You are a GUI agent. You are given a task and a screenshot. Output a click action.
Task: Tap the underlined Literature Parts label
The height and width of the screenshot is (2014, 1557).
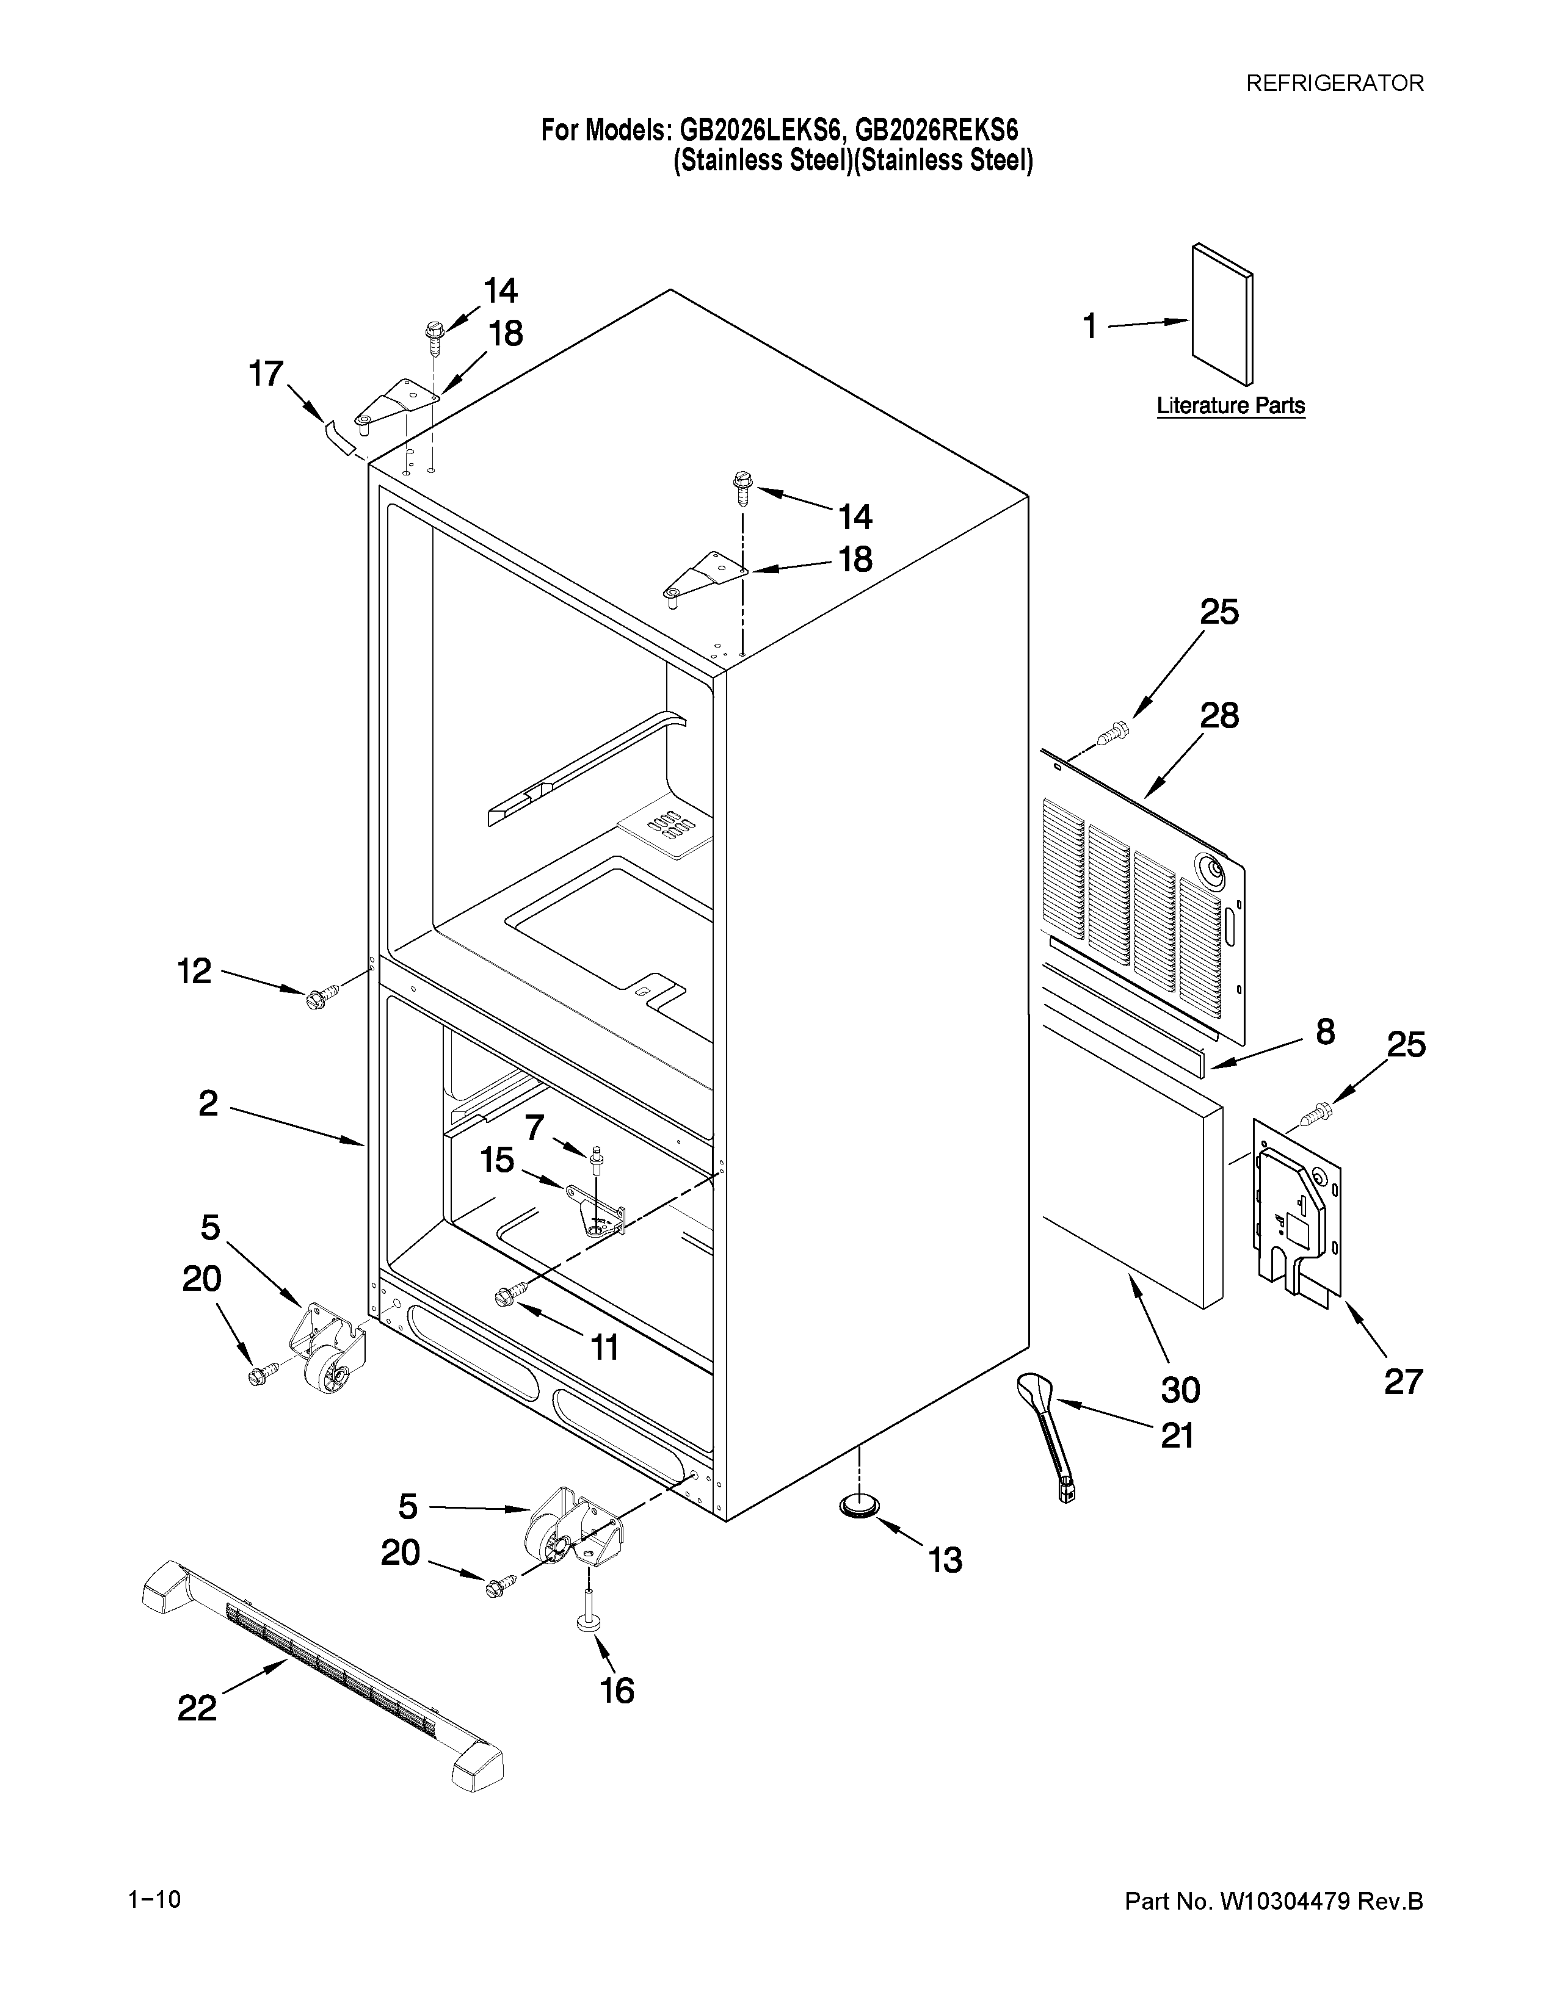1230,406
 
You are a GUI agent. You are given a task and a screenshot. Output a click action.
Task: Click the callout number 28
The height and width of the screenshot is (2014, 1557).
1219,716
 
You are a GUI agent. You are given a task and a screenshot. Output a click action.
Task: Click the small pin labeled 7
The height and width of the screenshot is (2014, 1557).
598,1155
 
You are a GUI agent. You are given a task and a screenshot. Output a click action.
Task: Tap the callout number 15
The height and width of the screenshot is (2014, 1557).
497,1161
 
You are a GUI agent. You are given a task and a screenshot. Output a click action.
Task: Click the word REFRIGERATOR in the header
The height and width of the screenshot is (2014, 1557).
1335,83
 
